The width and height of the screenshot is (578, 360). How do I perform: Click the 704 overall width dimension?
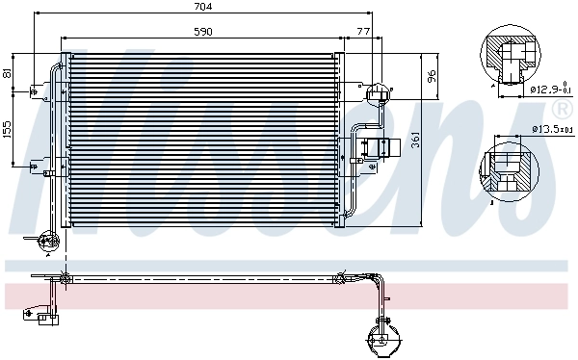pyautogui.click(x=202, y=8)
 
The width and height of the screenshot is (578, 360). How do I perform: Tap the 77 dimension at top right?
pyautogui.click(x=363, y=33)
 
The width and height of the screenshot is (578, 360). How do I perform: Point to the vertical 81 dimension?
pyautogui.click(x=9, y=73)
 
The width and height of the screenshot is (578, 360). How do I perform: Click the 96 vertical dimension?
pyautogui.click(x=433, y=75)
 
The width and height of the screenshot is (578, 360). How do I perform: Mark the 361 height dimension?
pyautogui.click(x=416, y=141)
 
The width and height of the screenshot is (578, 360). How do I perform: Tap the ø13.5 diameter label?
pyautogui.click(x=550, y=128)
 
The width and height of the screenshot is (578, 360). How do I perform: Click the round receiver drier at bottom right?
pyautogui.click(x=378, y=338)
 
